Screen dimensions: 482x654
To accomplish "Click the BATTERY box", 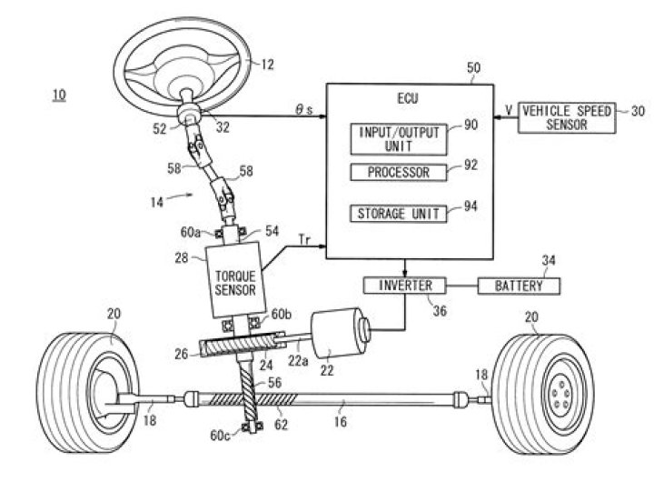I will coord(520,286).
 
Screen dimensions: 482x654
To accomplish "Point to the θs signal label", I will coord(304,107).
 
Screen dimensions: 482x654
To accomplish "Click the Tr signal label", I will coord(307,238).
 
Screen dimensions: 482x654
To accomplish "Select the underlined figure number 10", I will coord(58,95).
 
